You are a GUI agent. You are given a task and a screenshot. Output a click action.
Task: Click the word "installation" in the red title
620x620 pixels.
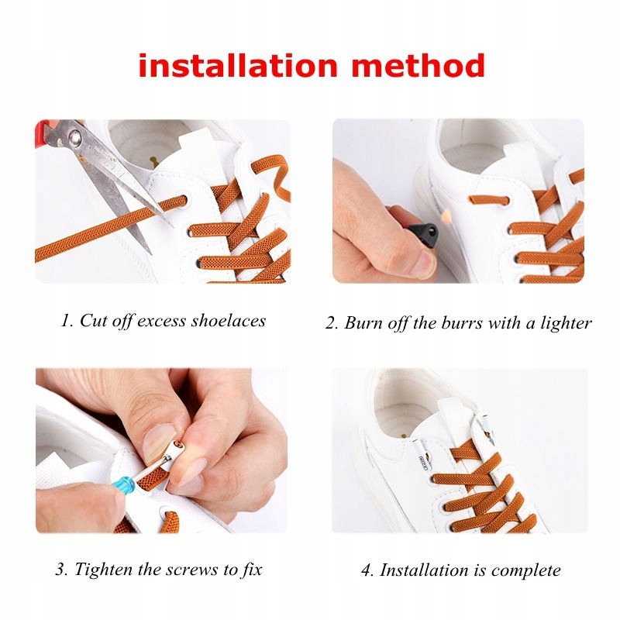(x=238, y=65)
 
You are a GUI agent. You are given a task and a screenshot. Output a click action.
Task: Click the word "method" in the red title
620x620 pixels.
(x=418, y=65)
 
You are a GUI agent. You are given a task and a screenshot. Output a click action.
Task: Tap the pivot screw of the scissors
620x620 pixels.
(x=74, y=137)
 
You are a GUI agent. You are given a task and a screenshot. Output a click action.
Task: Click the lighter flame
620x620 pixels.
(x=446, y=215)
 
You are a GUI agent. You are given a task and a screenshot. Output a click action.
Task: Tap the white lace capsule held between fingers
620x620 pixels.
(x=173, y=454)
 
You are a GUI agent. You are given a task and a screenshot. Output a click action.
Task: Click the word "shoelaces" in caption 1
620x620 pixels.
(x=228, y=321)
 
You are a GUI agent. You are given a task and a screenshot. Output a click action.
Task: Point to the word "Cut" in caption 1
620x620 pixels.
(x=91, y=321)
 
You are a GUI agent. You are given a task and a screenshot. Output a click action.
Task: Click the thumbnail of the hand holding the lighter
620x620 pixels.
(x=458, y=201)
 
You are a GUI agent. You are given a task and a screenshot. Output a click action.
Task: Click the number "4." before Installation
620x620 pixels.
(x=367, y=570)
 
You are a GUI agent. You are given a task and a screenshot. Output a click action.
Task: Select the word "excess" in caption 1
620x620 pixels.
(x=161, y=322)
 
